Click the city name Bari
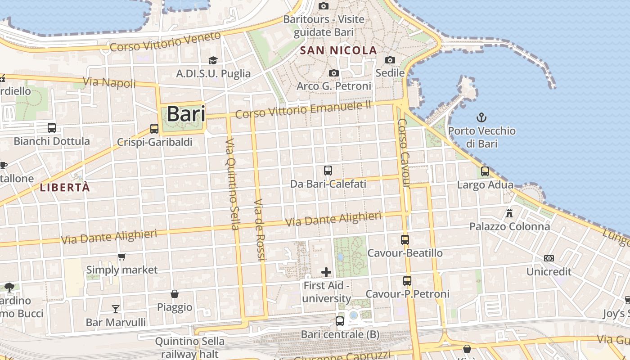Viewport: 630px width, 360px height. tap(186, 114)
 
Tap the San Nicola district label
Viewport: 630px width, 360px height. tap(338, 50)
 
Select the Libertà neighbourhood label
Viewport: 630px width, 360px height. tap(65, 188)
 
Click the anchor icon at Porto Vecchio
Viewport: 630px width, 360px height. tap(481, 118)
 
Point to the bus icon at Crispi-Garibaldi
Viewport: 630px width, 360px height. tap(154, 129)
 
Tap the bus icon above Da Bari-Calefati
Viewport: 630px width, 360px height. tap(328, 171)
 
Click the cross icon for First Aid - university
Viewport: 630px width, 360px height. tap(326, 272)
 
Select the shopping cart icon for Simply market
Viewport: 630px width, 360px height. tap(121, 257)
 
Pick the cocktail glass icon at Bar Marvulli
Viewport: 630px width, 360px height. tap(116, 309)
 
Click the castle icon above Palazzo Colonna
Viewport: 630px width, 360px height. tap(509, 213)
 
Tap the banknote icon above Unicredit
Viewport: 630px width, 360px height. tap(549, 258)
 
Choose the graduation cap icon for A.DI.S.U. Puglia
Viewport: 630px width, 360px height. tap(213, 60)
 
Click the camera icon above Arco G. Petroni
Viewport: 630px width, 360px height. tap(333, 73)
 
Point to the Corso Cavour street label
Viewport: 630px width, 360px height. tap(404, 153)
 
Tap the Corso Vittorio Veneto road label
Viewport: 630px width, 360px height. tap(165, 42)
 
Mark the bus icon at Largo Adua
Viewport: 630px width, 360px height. tap(485, 171)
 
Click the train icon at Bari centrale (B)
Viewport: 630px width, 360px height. tap(340, 321)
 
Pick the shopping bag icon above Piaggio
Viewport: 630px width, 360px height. tap(175, 294)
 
